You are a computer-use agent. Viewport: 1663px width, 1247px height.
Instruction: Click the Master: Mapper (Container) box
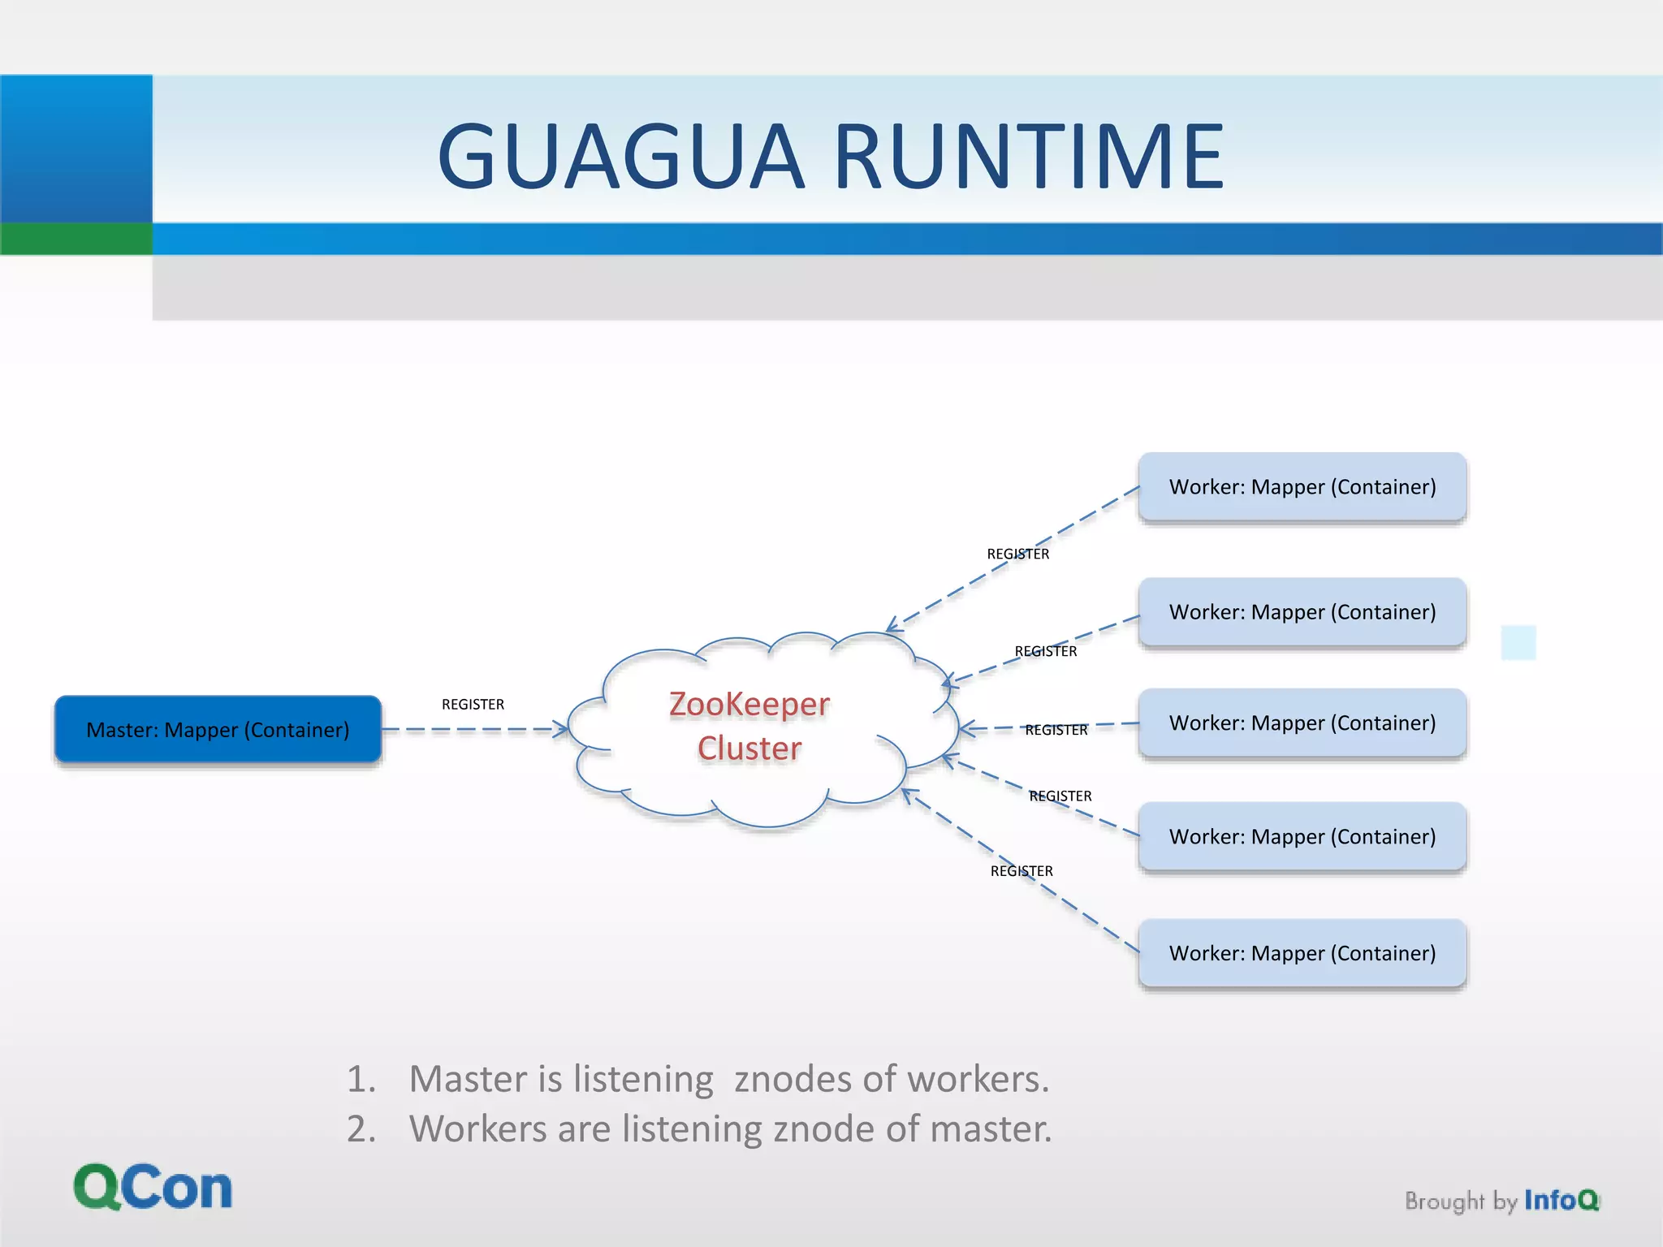(x=218, y=729)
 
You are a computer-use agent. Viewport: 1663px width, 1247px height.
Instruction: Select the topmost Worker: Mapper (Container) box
(x=1302, y=487)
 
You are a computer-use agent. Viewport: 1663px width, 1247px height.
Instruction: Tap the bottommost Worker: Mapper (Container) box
(x=1302, y=953)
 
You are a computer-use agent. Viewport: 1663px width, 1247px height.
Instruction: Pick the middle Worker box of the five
(x=1302, y=723)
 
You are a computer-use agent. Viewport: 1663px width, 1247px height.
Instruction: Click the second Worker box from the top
(x=1302, y=612)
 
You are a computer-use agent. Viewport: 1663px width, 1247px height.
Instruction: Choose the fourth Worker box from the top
(x=1302, y=836)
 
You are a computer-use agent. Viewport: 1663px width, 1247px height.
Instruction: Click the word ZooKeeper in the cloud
(x=749, y=704)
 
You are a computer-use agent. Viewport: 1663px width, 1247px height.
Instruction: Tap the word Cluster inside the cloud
(x=749, y=748)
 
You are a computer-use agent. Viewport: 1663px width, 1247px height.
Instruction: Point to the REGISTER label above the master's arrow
(x=473, y=705)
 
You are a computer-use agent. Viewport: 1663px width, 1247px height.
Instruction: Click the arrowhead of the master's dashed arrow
(x=561, y=729)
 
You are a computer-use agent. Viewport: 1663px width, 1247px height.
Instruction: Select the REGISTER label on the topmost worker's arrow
(x=1017, y=554)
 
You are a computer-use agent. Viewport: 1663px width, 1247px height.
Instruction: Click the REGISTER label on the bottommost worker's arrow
(x=1021, y=871)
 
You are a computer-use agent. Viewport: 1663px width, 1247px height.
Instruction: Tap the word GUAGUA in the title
(x=620, y=156)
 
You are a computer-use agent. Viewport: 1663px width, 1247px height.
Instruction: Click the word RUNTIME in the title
(x=1029, y=156)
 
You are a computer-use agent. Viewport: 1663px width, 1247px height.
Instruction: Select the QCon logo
(x=153, y=1187)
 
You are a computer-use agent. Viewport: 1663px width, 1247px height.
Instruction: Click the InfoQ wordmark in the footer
(x=1561, y=1200)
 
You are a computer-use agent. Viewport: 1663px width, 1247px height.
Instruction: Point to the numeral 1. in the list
(x=361, y=1080)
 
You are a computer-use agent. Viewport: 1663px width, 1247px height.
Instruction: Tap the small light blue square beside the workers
(x=1518, y=642)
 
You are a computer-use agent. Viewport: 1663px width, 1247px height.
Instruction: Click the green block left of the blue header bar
(x=76, y=239)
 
